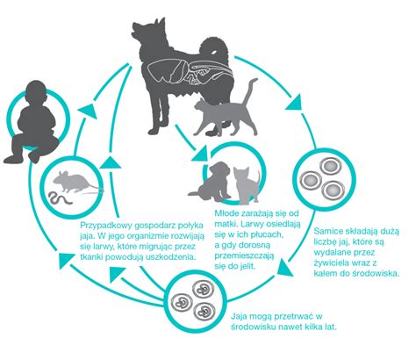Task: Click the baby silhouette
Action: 33,123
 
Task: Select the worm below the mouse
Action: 61,199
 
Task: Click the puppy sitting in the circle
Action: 212,183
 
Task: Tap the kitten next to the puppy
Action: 246,185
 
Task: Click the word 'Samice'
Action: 325,231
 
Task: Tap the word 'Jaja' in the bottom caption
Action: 238,316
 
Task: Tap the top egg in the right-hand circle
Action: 330,167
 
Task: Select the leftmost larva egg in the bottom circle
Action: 182,302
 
